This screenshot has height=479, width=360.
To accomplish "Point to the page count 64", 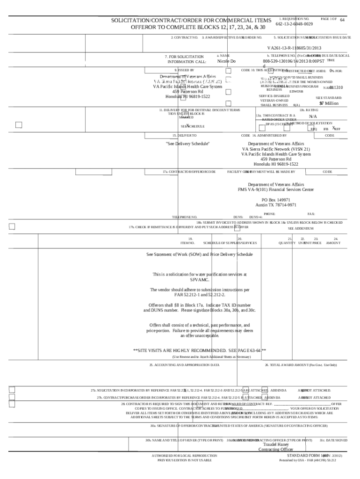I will coord(342,20).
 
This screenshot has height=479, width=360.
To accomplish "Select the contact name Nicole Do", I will coord(227,61).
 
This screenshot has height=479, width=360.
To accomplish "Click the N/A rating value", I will coord(313,116).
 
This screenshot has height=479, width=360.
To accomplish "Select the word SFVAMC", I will coord(200,279).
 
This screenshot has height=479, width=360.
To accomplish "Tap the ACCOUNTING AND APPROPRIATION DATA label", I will coord(184,364).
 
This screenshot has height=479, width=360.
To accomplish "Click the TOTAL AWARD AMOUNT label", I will coord(300,364).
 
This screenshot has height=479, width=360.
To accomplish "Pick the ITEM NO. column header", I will coord(187,243).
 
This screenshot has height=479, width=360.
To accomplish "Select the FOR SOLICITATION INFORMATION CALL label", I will coord(187,59).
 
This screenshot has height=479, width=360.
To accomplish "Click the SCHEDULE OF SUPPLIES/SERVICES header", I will coord(230,243).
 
